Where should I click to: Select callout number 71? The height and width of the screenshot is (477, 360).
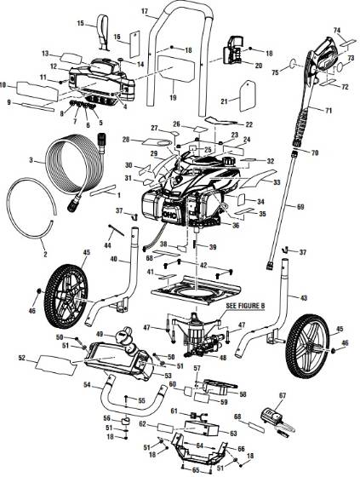328,111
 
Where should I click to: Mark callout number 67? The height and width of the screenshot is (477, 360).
283,396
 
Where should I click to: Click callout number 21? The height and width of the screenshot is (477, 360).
225,102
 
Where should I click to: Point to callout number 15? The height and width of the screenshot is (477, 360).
80,22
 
